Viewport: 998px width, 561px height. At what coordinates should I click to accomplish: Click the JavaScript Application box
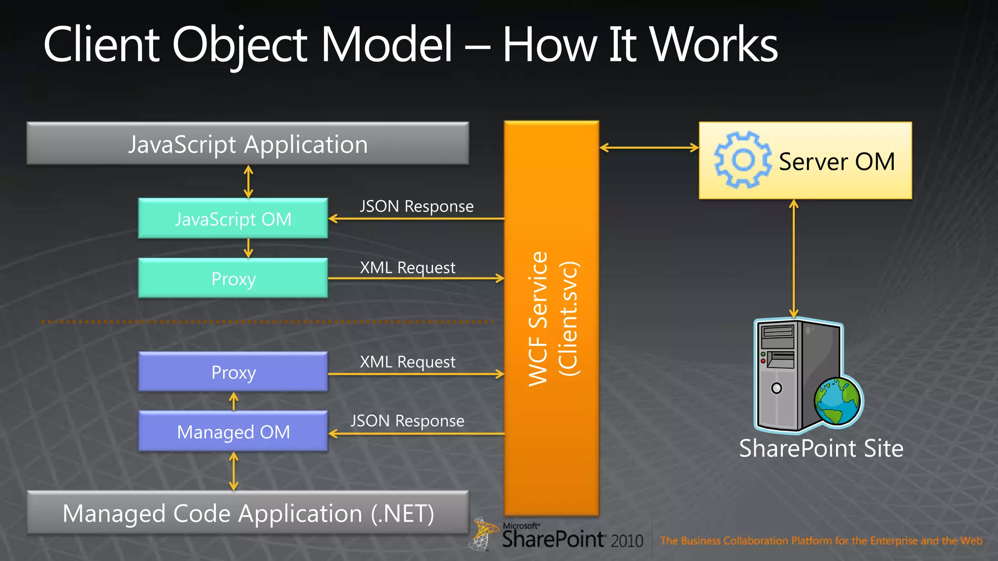[x=248, y=144]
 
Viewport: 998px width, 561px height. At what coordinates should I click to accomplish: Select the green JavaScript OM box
[x=233, y=219]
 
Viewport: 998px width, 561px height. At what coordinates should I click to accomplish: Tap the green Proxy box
[x=233, y=279]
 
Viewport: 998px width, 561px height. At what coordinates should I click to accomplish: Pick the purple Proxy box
[x=233, y=372]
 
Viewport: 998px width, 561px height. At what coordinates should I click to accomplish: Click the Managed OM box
[x=233, y=432]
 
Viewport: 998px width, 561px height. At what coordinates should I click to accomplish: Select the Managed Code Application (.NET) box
[x=248, y=513]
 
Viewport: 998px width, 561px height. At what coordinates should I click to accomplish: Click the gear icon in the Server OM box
[x=742, y=160]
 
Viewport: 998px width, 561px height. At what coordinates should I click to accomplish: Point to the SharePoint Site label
[x=821, y=448]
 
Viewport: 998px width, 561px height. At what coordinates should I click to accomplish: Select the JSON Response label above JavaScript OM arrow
[x=417, y=206]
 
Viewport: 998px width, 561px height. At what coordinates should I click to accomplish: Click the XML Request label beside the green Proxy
[x=407, y=268]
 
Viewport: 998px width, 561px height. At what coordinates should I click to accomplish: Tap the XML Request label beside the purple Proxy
[x=407, y=362]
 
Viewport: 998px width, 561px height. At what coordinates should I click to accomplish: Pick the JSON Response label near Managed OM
[x=407, y=421]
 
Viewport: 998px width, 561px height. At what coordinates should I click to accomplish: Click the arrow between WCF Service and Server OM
[x=649, y=148]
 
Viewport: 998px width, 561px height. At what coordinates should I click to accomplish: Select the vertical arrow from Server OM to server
[x=794, y=258]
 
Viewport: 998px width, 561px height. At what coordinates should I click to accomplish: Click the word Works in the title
[x=714, y=45]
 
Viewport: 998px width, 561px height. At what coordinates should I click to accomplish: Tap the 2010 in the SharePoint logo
[x=627, y=541]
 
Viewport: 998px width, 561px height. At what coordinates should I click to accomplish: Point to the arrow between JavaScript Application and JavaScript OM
[x=248, y=182]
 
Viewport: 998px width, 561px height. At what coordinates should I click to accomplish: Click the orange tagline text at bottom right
[x=821, y=541]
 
